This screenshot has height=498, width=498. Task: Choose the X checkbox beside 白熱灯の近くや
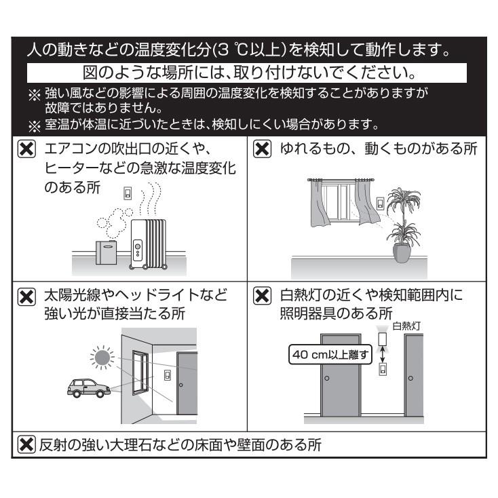pos(262,296)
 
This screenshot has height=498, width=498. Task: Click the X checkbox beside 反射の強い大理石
pos(24,446)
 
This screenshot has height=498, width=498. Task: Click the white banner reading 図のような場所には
pos(248,71)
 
